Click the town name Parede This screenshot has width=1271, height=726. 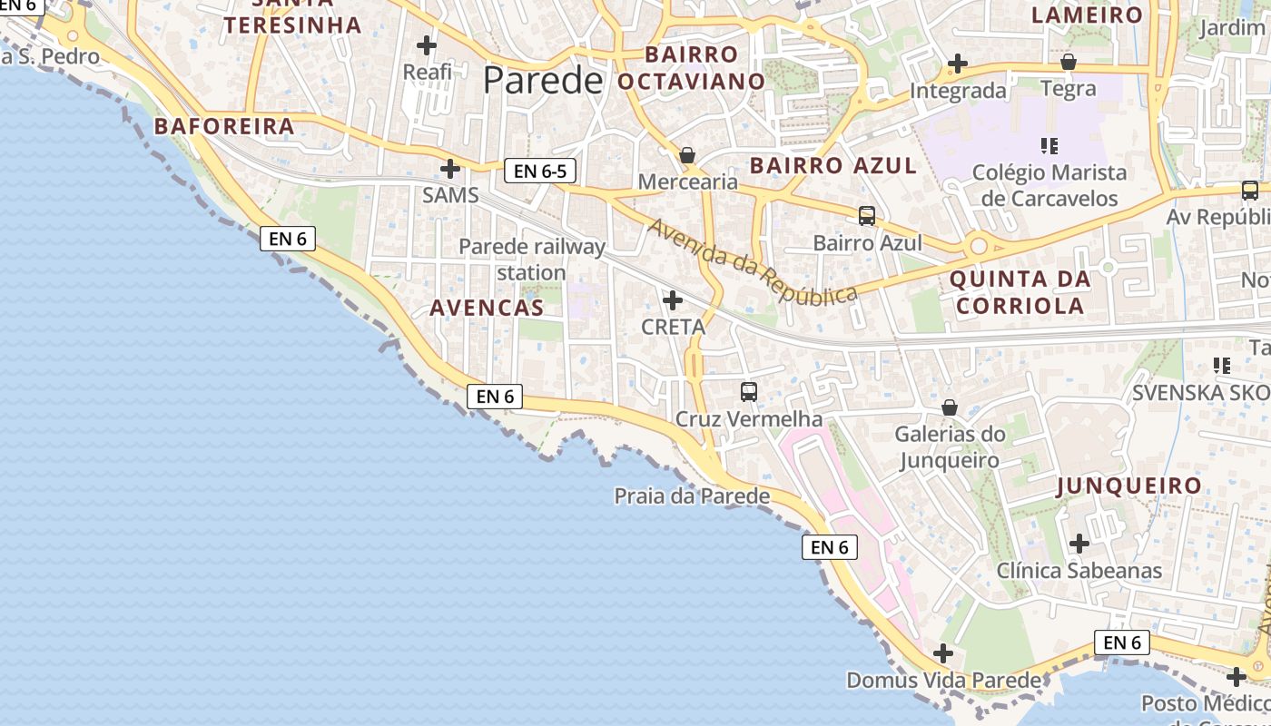click(543, 81)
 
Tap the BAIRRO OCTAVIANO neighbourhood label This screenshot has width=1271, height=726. click(692, 68)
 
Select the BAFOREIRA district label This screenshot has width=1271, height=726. click(224, 126)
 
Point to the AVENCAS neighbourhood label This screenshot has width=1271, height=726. click(487, 308)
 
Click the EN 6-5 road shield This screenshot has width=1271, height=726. click(540, 171)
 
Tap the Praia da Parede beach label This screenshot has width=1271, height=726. click(692, 496)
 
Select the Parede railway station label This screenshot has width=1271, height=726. click(531, 259)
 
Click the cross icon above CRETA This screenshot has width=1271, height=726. click(673, 300)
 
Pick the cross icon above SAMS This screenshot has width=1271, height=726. click(450, 169)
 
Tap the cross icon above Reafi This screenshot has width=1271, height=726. click(427, 45)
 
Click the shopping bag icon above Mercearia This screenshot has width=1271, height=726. click(687, 155)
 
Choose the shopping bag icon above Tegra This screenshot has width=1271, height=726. click(1069, 63)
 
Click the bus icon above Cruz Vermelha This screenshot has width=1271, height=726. click(749, 392)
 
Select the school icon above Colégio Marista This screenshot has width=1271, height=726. click(1049, 145)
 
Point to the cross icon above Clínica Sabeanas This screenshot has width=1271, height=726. click(1079, 544)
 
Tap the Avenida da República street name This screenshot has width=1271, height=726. click(753, 262)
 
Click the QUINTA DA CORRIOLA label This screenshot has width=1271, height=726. click(1020, 291)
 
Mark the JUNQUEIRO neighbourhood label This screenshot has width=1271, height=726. click(1129, 486)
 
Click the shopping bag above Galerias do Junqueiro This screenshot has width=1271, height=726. click(950, 407)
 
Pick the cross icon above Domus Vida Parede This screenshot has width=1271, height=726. click(943, 653)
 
